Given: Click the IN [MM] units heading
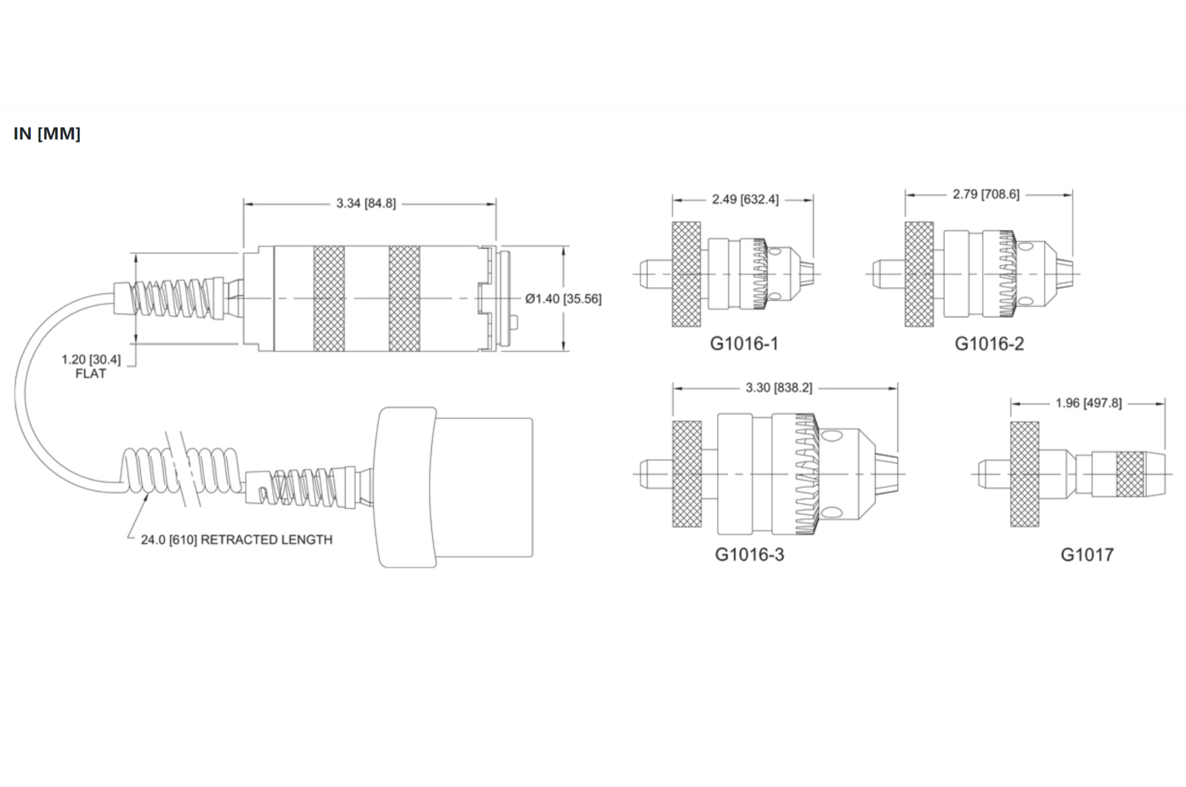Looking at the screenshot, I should [47, 133].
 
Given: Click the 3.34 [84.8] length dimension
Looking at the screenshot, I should [366, 203].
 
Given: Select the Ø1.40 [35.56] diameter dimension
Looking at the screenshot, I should [563, 299].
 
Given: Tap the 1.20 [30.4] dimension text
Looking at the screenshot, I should [91, 359].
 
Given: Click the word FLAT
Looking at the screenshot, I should [90, 374].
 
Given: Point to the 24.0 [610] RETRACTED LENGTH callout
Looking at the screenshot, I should [236, 540].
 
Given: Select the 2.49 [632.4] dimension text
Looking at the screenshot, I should [745, 199].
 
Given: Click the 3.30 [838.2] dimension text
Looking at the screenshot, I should [779, 387].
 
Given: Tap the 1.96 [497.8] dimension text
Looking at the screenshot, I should [1088, 403].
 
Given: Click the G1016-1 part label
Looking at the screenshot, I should [744, 344].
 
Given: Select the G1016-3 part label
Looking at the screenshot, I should [749, 555].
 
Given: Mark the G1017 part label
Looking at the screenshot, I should [1087, 555].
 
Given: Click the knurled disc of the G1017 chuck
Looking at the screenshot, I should [1025, 474].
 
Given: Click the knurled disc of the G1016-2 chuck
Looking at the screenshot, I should [919, 274].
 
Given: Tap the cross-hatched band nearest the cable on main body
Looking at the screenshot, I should [329, 299].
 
